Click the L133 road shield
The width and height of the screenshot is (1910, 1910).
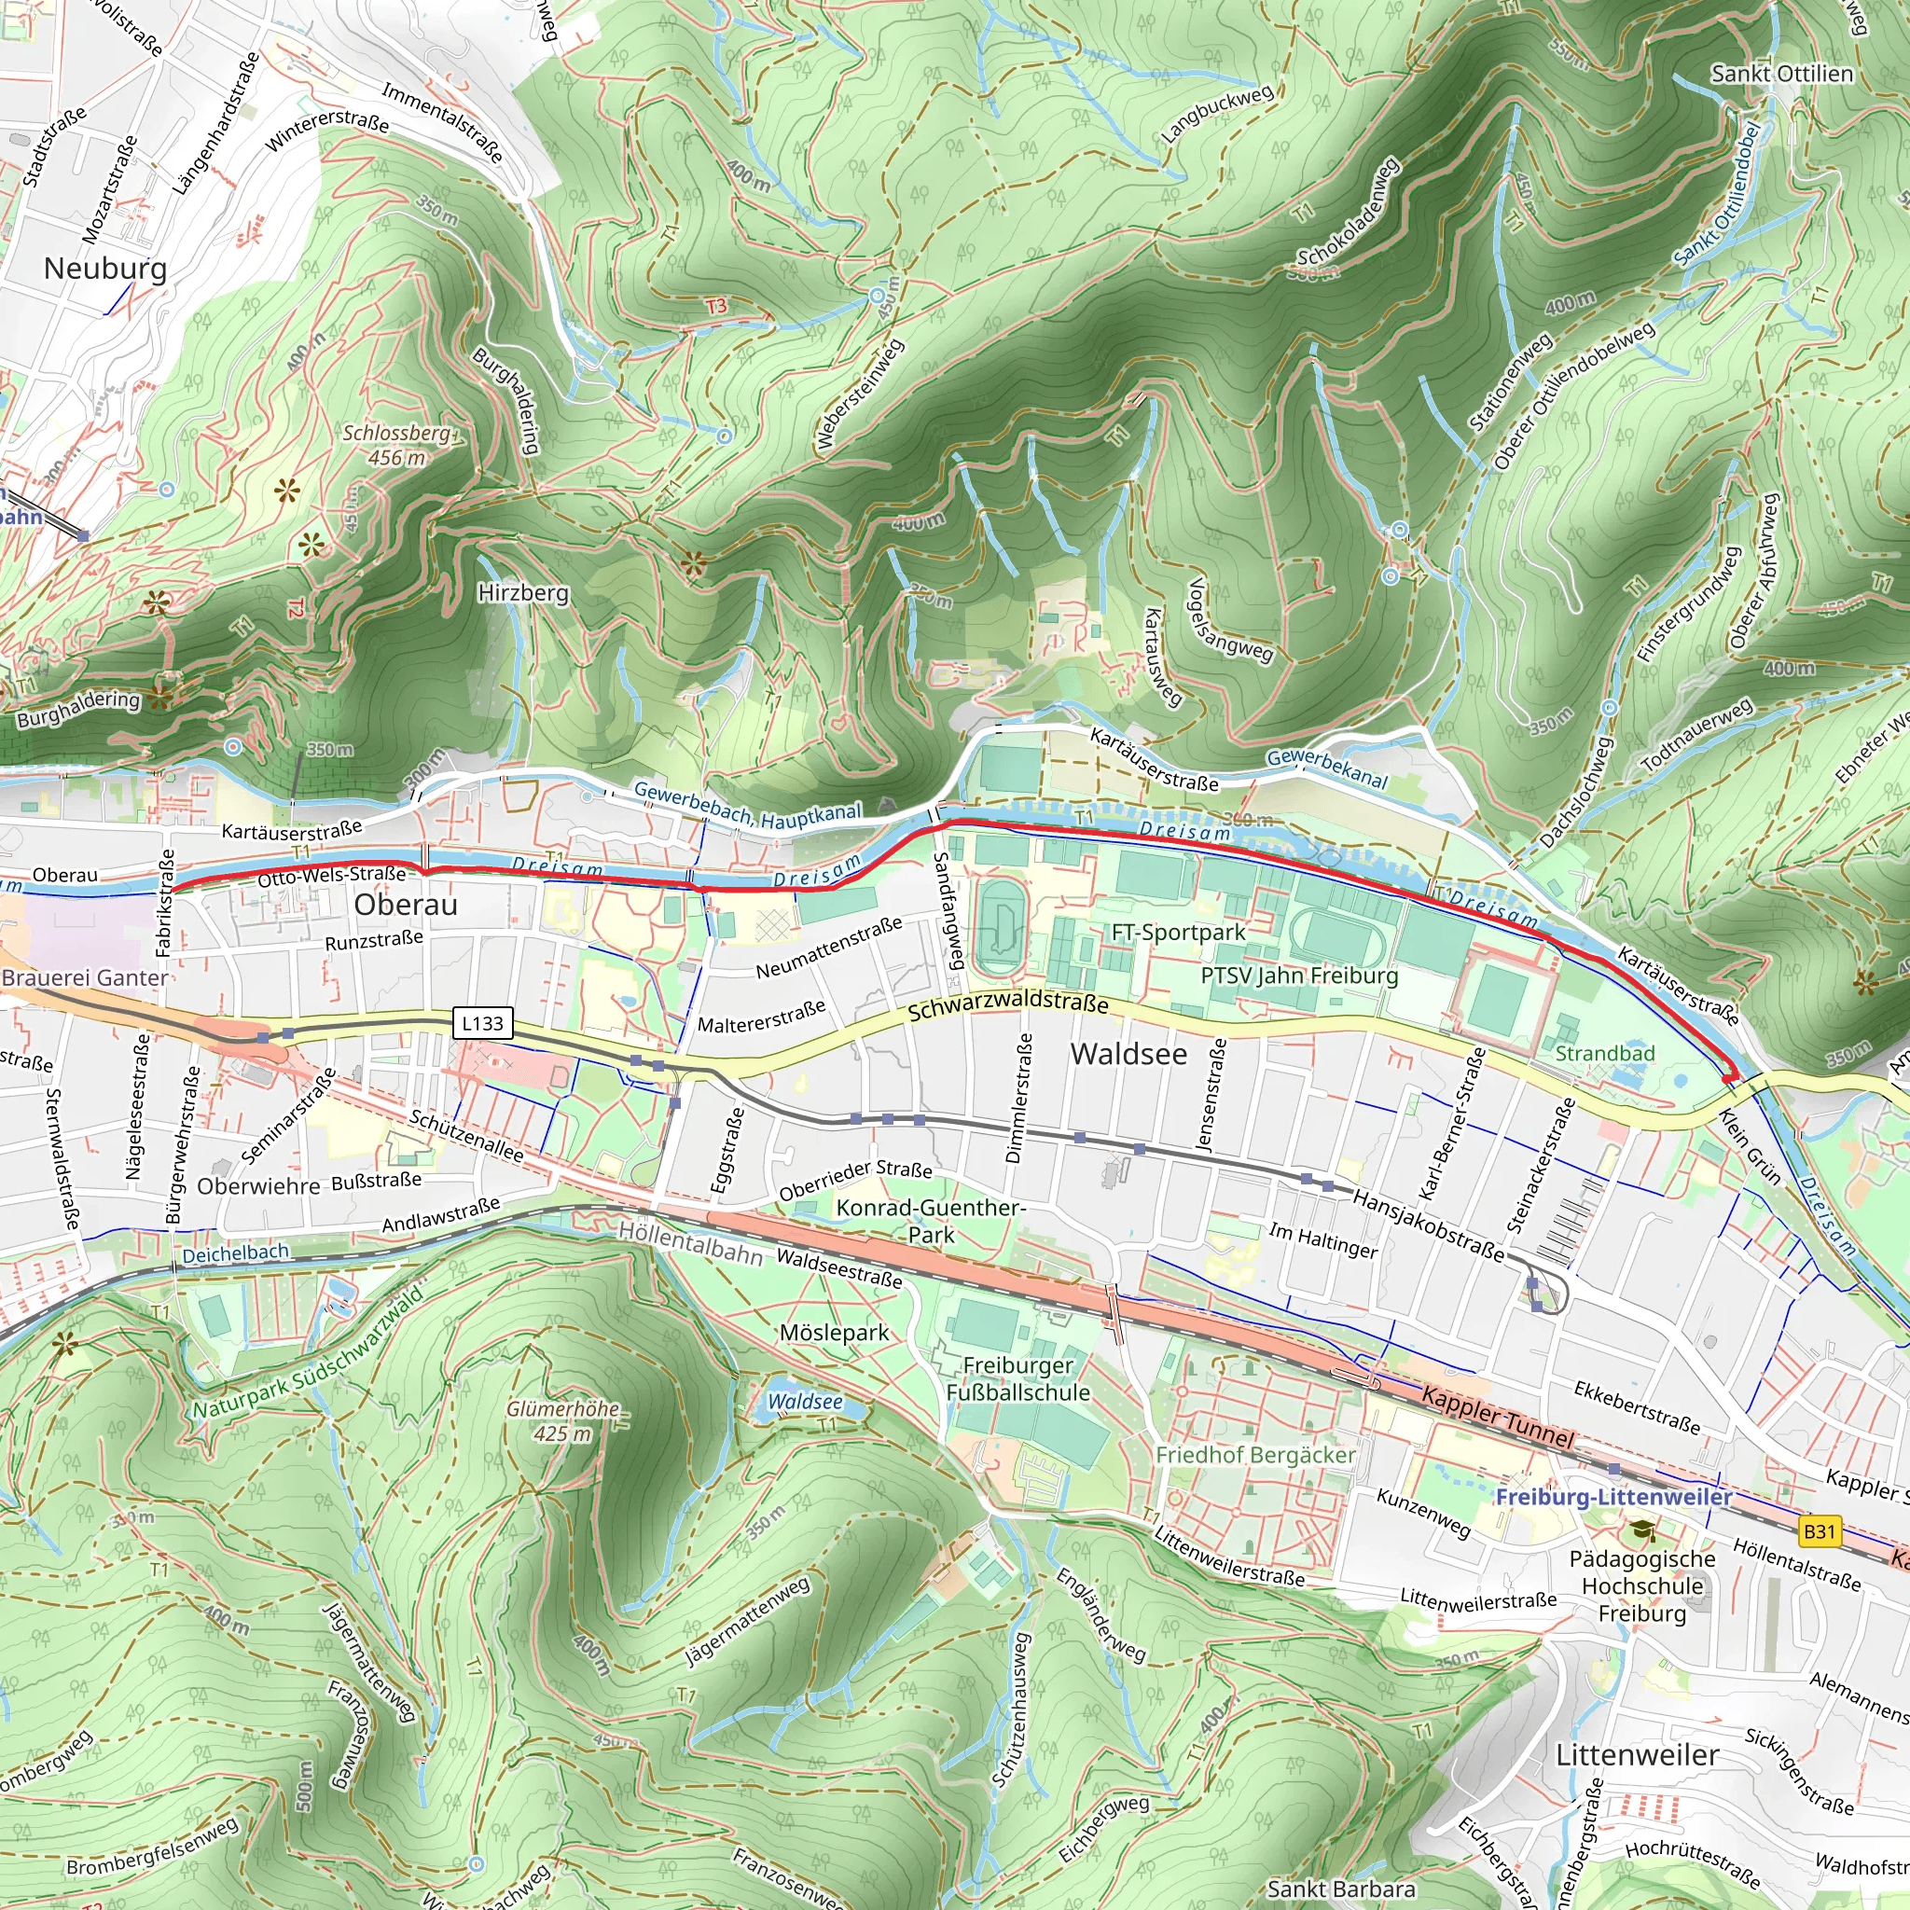(x=482, y=1023)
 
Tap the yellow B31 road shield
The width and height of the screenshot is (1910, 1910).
(x=1819, y=1532)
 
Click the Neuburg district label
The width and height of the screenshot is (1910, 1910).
(x=104, y=268)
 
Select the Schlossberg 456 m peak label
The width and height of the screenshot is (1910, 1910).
(x=397, y=445)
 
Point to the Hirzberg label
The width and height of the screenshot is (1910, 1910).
(x=523, y=592)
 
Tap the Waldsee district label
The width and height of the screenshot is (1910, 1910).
(x=1128, y=1054)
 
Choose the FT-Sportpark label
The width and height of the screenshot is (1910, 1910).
(x=1179, y=932)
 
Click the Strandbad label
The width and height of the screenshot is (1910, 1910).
(x=1604, y=1053)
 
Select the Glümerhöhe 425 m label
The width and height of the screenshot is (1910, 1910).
(x=562, y=1420)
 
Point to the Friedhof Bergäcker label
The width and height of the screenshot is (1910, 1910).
(x=1255, y=1455)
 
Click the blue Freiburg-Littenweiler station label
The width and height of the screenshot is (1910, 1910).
(x=1612, y=1497)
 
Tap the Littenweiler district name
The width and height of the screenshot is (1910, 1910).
(x=1637, y=1755)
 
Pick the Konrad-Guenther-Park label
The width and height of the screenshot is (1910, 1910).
(x=930, y=1221)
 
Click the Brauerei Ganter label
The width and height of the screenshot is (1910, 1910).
(x=85, y=977)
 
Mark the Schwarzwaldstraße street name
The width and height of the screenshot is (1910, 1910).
(x=1007, y=1007)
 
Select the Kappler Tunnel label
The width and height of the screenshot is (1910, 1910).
(x=1497, y=1418)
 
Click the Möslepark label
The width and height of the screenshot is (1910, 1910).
(x=835, y=1333)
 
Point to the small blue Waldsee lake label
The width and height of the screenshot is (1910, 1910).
(x=805, y=1402)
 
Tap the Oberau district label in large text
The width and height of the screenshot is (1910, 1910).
(x=406, y=905)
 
